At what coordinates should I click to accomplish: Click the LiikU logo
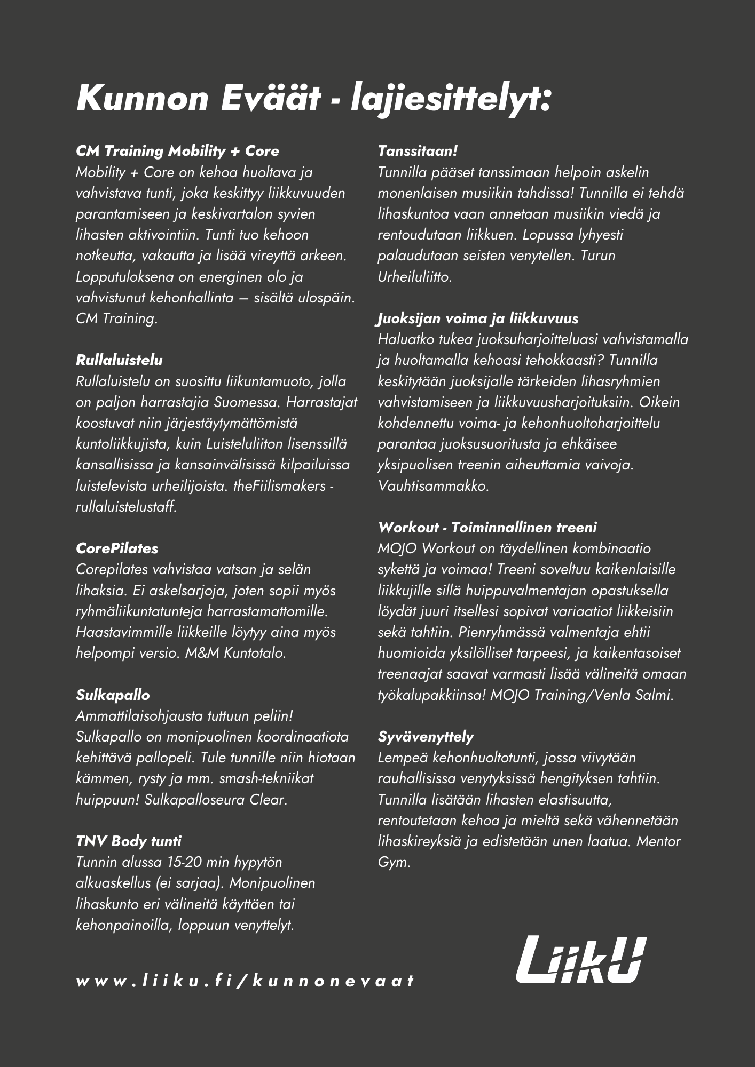[581, 959]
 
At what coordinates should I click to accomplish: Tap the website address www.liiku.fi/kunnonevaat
[245, 981]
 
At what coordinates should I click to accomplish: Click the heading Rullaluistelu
[119, 360]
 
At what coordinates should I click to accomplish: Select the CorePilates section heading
[117, 548]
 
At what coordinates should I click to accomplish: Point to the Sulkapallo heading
[113, 695]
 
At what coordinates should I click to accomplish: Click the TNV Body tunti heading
[129, 841]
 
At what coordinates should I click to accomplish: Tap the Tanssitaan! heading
[418, 151]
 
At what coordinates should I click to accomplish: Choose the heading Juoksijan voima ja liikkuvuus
[477, 318]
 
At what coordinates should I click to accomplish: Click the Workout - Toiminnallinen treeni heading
[487, 528]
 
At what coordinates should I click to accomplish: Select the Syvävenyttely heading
[426, 737]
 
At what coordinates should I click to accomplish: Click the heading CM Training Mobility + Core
[177, 151]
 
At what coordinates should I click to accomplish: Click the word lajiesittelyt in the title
[450, 99]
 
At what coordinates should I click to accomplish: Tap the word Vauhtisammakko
[433, 486]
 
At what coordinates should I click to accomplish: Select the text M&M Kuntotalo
[235, 653]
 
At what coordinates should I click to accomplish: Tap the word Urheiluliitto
[414, 277]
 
